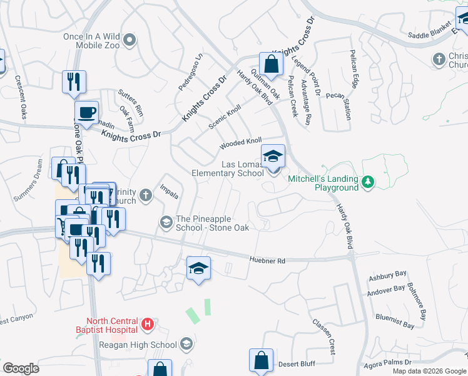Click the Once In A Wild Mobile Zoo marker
point(130,41)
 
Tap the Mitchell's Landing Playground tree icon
point(369,182)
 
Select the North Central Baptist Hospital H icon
point(147,325)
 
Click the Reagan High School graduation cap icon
point(186,344)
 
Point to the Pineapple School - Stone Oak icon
point(166,222)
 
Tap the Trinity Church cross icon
point(145,196)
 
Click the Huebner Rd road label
point(267,259)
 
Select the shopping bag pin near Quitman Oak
point(270,64)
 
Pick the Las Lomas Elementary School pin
point(273,157)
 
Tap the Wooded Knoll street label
point(240,144)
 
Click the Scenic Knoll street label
point(225,117)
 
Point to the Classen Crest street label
point(325,333)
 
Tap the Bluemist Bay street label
point(395,321)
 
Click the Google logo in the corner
point(20,368)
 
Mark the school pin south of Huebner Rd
point(198,268)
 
